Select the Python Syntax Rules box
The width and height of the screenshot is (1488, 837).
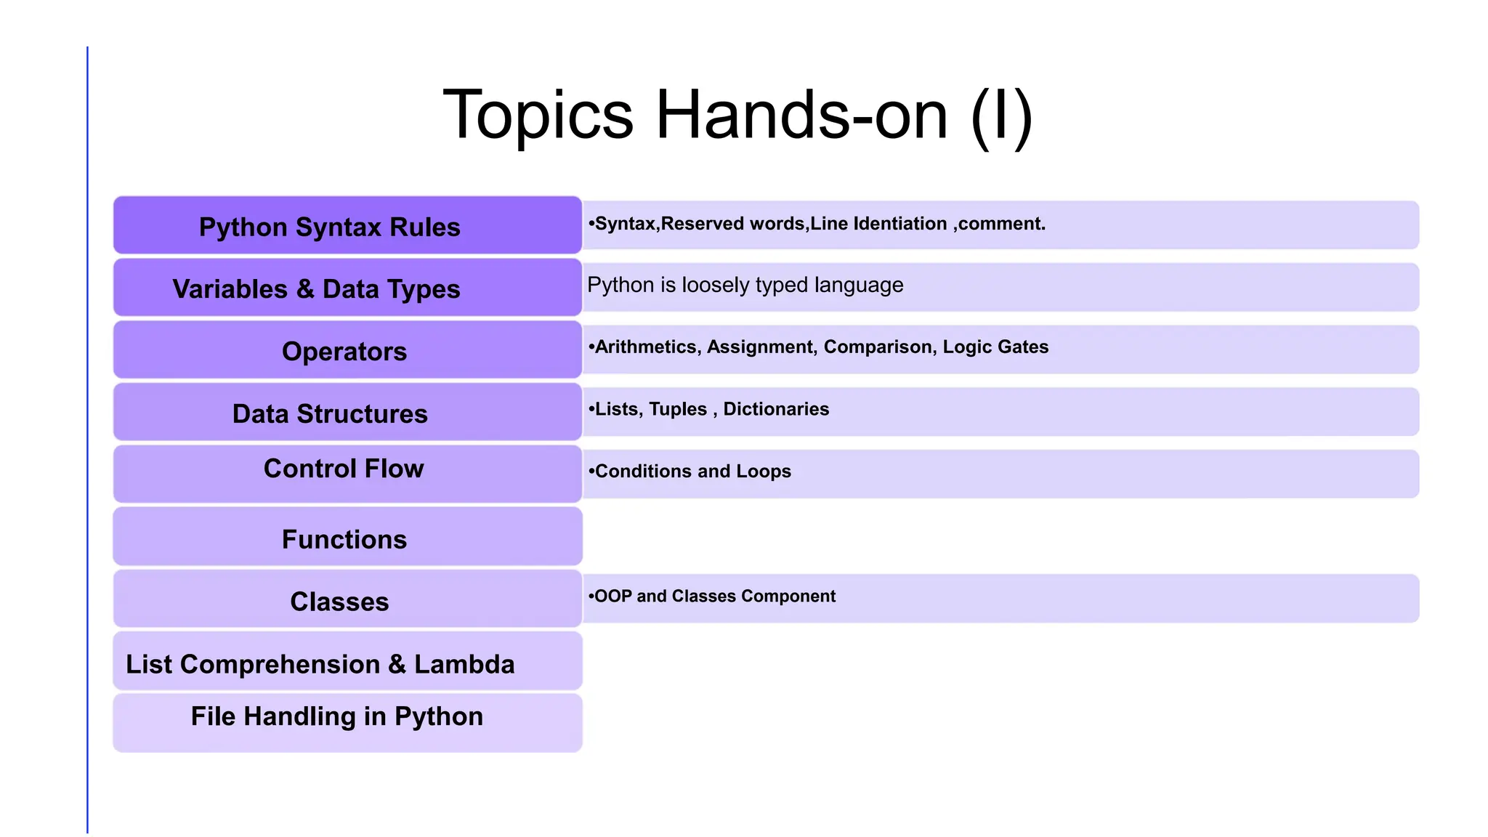tap(347, 226)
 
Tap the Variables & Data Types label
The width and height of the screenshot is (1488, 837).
tap(316, 289)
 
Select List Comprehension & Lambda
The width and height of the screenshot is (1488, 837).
tap(320, 664)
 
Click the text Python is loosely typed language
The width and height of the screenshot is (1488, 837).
tap(745, 285)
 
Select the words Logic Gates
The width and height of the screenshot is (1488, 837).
tap(995, 347)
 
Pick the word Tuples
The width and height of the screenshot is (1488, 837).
tap(677, 409)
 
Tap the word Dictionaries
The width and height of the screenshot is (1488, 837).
tap(776, 409)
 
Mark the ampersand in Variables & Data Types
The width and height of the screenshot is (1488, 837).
tap(305, 289)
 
